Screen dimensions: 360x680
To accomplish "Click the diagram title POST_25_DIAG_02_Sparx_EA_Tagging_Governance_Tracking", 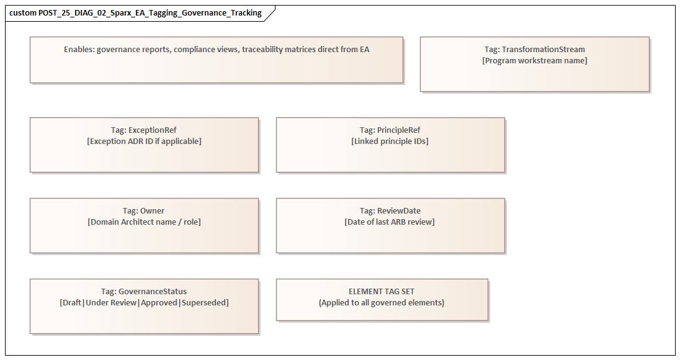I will pos(150,13).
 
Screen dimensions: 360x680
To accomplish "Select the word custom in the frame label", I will pos(23,13).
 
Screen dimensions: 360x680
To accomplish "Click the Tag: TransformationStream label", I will pos(534,50).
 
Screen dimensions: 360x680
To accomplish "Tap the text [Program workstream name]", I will pos(534,61).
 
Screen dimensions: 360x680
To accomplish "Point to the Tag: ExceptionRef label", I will pos(144,130).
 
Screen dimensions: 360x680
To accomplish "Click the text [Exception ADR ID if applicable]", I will pos(144,142).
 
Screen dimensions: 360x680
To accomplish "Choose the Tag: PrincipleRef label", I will pos(390,130).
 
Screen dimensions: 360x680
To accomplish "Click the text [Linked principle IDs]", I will pos(390,142).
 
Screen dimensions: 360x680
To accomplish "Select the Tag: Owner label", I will pos(144,211).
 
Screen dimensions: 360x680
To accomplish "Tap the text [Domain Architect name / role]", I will pos(144,222).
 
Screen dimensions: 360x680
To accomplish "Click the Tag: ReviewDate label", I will pos(390,211).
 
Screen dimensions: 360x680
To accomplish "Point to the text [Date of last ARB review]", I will pos(390,222).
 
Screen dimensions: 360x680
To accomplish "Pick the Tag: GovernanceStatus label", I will pos(144,292).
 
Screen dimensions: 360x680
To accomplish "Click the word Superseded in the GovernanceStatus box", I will pos(205,303).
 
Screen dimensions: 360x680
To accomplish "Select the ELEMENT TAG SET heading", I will pos(382,292).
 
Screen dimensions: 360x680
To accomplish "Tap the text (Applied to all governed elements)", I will pos(382,303).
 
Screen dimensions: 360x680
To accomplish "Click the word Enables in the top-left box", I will pos(79,50).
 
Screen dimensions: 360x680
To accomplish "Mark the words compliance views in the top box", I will pos(207,50).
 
